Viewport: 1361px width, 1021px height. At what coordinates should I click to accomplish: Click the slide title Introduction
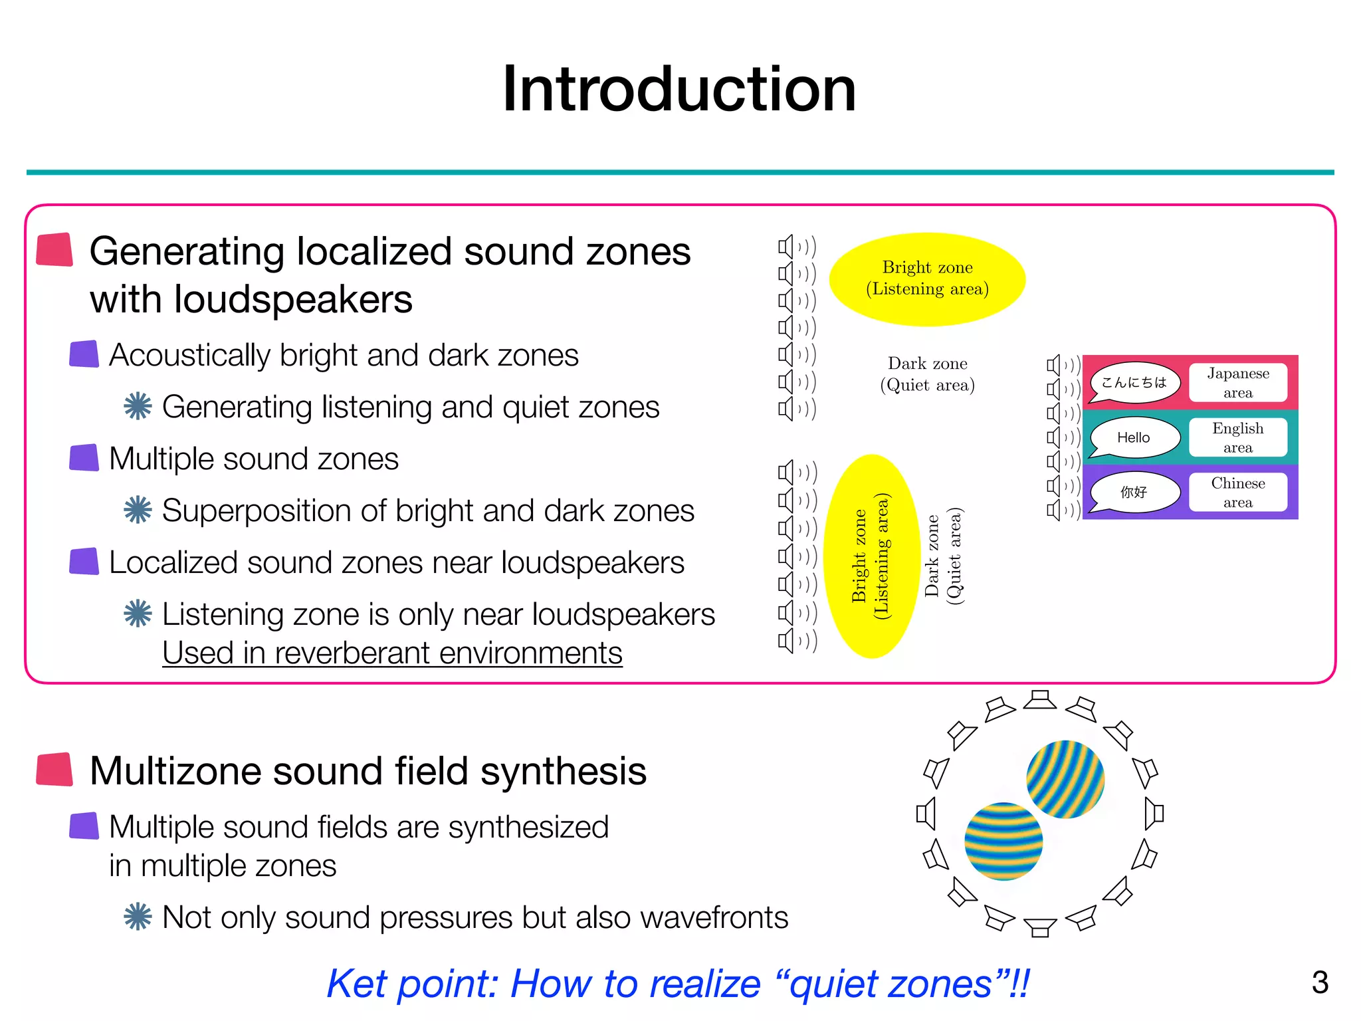coord(679,89)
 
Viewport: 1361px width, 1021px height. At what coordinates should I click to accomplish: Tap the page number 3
coord(1320,982)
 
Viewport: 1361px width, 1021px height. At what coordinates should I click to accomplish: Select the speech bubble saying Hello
coord(1134,437)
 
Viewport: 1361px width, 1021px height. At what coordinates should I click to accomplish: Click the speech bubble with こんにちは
coord(1134,382)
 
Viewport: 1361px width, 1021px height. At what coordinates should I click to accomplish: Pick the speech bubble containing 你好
coord(1134,492)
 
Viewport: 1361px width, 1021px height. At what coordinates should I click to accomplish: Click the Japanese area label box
coord(1237,383)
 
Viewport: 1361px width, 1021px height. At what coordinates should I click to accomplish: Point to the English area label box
coord(1237,437)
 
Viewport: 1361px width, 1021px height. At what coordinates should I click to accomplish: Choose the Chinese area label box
coord(1237,493)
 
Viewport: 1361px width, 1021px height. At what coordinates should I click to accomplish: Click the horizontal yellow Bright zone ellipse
coord(927,279)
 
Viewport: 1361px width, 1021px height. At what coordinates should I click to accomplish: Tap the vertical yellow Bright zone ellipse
coord(871,556)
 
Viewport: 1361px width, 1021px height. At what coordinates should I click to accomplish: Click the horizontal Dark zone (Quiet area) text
coord(927,374)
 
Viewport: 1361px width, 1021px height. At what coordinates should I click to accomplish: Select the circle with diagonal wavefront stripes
coord(1065,779)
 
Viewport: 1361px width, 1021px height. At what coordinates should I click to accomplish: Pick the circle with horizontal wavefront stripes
coord(1003,842)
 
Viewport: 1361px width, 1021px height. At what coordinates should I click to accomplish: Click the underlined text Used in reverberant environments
coord(392,653)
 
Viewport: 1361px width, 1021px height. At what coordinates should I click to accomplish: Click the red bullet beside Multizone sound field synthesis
coord(54,770)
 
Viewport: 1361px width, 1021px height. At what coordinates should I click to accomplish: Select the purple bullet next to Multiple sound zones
coord(84,458)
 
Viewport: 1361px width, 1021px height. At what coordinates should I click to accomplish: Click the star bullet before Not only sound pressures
coord(138,917)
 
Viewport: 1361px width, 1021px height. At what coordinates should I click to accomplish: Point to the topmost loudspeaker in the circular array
coord(1040,700)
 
